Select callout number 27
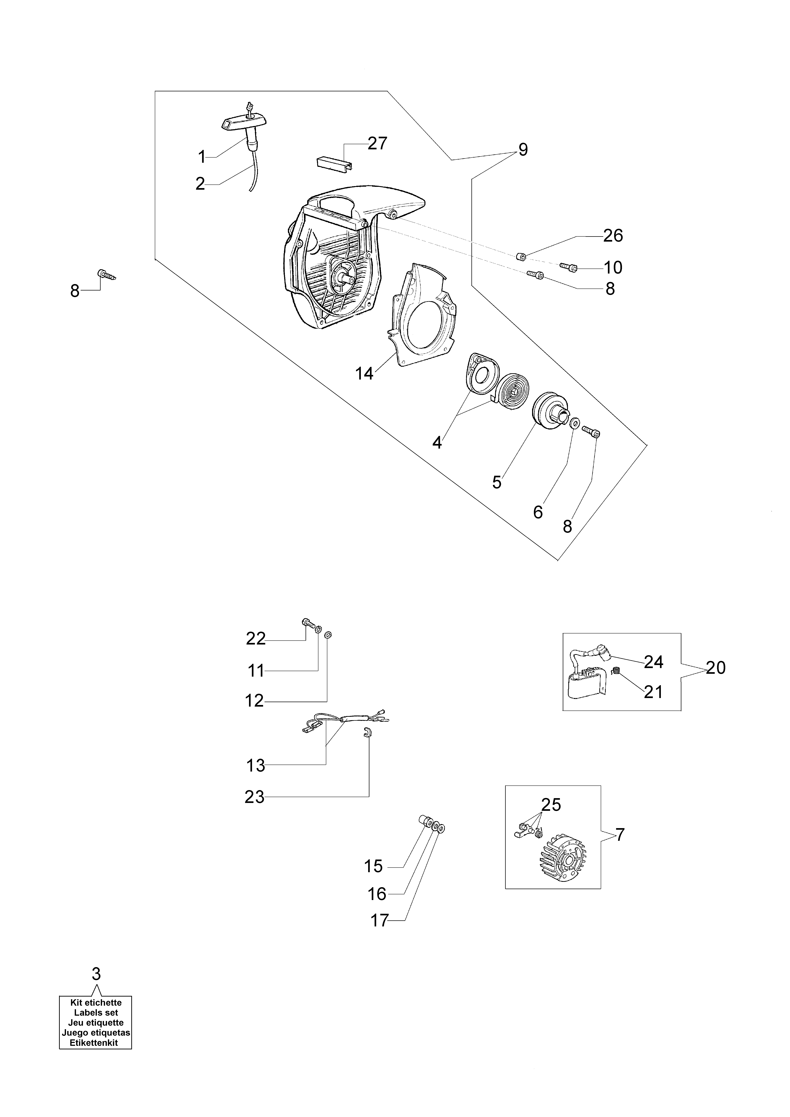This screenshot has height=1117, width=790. pos(377,143)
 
